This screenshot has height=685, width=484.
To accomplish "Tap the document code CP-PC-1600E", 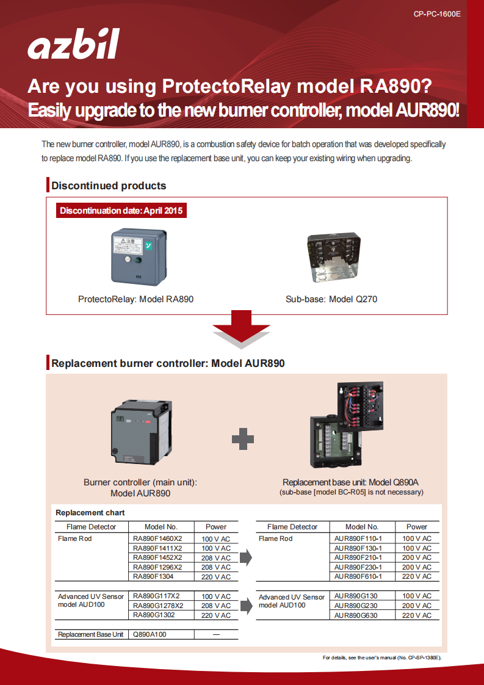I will point(437,13).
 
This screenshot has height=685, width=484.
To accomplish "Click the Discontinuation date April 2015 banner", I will point(121,211).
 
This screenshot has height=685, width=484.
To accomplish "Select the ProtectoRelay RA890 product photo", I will point(139,256).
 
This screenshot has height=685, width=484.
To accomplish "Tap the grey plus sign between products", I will point(243,438).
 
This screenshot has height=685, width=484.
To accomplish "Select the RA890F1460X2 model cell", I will point(157,538).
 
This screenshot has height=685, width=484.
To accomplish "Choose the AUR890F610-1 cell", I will point(358,576).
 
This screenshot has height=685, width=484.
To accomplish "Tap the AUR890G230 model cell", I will point(356,606).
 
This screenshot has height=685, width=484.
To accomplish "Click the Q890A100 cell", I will point(150,634).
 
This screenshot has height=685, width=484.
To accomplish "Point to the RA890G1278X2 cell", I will point(158,606).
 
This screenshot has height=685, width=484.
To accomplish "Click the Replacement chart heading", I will point(90,513).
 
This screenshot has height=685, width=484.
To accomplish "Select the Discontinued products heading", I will point(109,186).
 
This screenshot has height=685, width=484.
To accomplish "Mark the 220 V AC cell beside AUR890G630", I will point(417,615).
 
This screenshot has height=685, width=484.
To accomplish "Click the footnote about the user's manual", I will point(381,658).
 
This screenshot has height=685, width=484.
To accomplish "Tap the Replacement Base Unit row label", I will point(91,634).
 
